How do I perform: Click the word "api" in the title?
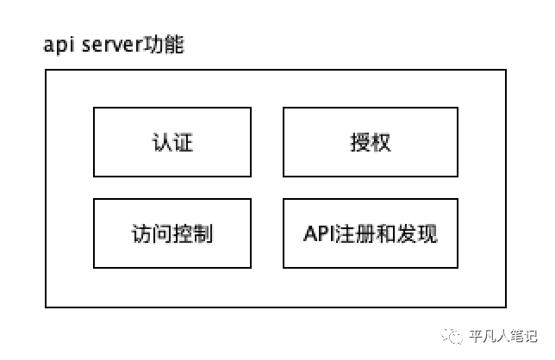pos(59,46)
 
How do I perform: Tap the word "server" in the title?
pos(112,45)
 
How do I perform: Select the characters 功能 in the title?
pos(163,45)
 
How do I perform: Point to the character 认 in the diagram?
pos(162,142)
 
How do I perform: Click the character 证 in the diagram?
pos(183,142)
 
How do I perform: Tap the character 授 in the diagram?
pos(360,142)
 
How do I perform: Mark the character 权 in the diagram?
pos(381,142)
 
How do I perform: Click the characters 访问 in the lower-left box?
pos(152,233)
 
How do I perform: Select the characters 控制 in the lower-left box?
pos(193,233)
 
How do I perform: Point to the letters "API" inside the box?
pos(319,233)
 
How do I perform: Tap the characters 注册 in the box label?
pos(355,233)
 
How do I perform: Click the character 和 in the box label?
pos(385,233)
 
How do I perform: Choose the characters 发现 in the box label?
pos(417,233)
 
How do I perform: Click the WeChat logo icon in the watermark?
pos(452,336)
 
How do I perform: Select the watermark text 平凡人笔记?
pos(503,336)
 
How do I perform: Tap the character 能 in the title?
pos(174,45)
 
